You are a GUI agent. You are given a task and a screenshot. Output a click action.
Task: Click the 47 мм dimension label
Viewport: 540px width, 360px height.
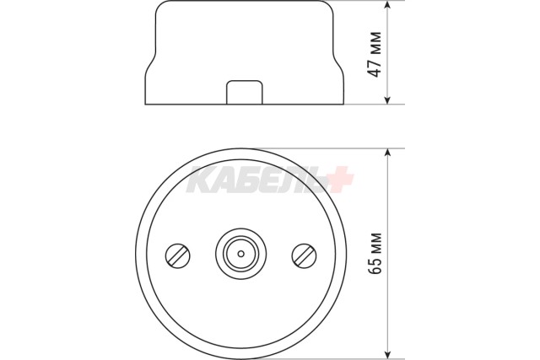tap(375, 54)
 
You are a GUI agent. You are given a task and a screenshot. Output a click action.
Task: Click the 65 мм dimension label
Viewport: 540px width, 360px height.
tap(375, 253)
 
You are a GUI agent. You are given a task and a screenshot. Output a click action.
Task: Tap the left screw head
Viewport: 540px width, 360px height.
tap(178, 255)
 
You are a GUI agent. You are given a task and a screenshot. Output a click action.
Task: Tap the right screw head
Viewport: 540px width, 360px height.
tap(304, 255)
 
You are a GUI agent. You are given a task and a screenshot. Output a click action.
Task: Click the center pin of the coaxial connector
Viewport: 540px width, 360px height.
tap(241, 254)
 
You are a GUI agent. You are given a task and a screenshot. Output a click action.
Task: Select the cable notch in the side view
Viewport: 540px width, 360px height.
tap(245, 93)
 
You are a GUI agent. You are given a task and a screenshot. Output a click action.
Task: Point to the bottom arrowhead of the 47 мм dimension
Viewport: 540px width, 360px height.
tap(388, 99)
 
